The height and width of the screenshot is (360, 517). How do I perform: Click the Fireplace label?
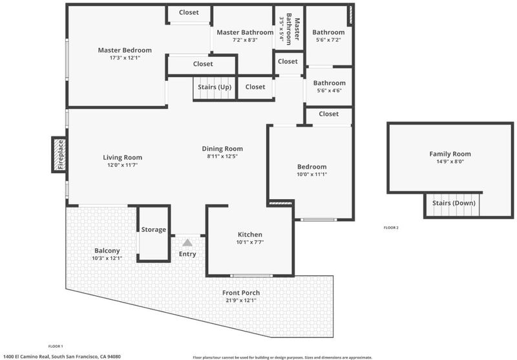tap(61, 154)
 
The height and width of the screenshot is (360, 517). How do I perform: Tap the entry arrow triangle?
tap(187, 242)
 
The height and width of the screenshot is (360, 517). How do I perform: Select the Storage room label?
tap(154, 229)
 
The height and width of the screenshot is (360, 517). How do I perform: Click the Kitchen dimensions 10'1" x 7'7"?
tap(250, 242)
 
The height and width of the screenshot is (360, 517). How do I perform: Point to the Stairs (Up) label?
tap(215, 87)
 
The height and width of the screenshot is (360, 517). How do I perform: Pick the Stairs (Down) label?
tap(454, 203)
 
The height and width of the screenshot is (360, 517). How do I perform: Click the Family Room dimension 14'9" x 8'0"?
tap(450, 162)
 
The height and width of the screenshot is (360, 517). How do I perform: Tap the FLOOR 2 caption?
tap(391, 228)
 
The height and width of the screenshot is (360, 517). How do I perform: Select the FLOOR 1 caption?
tap(56, 346)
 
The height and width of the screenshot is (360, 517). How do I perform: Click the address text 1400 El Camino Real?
tap(26, 356)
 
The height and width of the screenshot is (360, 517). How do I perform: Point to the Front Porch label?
tap(241, 293)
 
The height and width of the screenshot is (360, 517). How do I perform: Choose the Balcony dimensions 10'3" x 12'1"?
tap(107, 258)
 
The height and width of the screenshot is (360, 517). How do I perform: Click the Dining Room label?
tap(222, 149)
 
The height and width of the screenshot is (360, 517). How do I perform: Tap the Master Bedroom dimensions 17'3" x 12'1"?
tap(125, 58)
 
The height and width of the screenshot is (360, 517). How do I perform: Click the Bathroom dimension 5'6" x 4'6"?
tap(329, 90)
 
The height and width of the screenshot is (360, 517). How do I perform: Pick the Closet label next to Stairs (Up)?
tap(255, 87)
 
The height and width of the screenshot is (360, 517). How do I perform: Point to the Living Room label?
tap(122, 158)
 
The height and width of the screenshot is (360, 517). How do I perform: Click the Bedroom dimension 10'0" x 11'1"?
tap(312, 175)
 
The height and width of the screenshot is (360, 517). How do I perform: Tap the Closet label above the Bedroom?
tap(329, 114)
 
